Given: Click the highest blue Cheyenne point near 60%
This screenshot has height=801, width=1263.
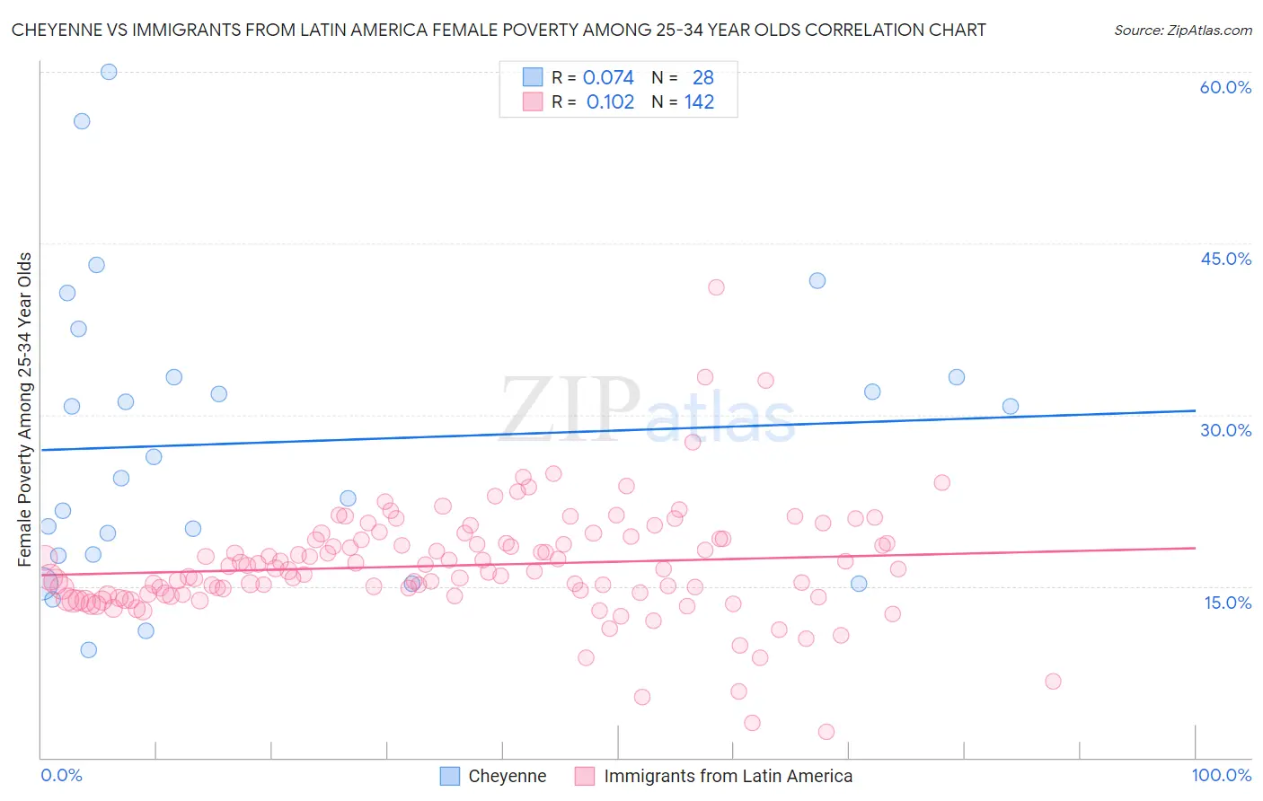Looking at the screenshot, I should click(109, 72).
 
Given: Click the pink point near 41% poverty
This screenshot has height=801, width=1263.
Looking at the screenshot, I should click(716, 287).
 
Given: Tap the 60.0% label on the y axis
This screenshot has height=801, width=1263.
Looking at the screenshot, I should click(1225, 87).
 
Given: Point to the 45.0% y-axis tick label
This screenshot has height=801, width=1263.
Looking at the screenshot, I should click(1225, 259).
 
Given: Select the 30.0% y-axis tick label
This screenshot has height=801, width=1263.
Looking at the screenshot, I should click(1225, 430).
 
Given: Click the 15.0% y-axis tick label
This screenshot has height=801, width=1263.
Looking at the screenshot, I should click(1227, 603).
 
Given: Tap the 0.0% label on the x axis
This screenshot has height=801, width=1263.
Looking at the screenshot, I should click(61, 775).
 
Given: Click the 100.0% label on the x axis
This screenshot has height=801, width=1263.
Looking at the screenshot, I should click(1221, 775).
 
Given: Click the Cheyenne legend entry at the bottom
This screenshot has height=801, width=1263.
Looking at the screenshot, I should click(507, 776).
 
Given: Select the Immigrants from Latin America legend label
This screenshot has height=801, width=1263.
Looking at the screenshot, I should click(728, 776).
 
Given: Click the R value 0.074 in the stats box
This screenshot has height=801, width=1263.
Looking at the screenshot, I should click(608, 78).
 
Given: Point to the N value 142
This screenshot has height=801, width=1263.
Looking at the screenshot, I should click(699, 102).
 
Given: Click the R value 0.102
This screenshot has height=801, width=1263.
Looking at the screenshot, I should click(610, 102).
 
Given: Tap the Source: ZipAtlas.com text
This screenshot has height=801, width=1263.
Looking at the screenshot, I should click(1182, 31).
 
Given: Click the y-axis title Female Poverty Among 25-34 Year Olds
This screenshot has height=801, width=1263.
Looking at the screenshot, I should click(25, 409).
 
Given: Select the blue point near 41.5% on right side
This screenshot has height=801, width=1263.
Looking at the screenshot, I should click(817, 280).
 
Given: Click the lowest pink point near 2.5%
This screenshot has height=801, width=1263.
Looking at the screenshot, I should click(826, 732).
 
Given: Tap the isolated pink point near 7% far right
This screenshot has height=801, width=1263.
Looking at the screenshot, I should click(1053, 682).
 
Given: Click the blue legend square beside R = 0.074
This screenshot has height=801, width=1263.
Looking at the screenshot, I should click(533, 77).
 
